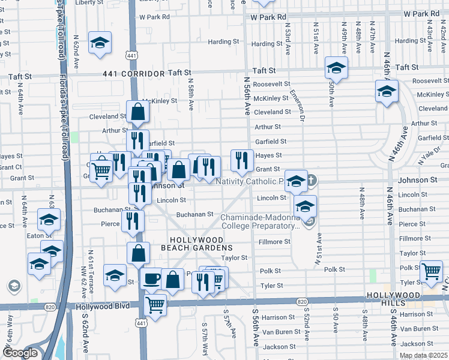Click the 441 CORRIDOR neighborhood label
(x=134, y=73)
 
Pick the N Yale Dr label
(x=431, y=152)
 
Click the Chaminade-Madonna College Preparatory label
(x=260, y=221)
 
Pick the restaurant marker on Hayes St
(x=241, y=160)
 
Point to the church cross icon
(x=311, y=180)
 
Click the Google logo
(x=20, y=352)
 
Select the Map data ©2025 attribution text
(x=423, y=355)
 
